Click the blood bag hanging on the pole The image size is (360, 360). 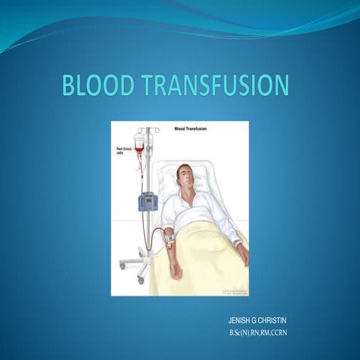point(139,143)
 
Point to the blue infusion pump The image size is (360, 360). point(148,201)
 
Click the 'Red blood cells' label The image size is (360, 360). point(122,152)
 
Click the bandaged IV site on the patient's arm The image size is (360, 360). point(169,240)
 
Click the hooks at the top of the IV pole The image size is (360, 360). point(148,130)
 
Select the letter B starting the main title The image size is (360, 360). point(70,85)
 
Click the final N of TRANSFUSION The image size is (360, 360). point(280,85)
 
